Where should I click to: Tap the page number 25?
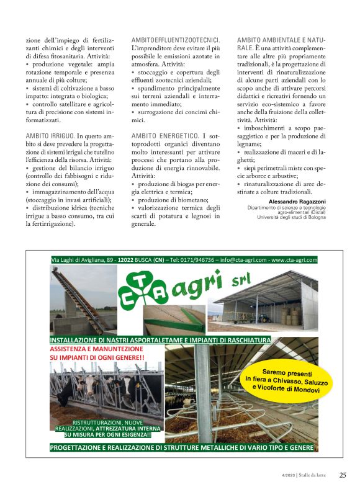(343, 475)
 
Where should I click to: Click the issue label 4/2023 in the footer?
(287, 476)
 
